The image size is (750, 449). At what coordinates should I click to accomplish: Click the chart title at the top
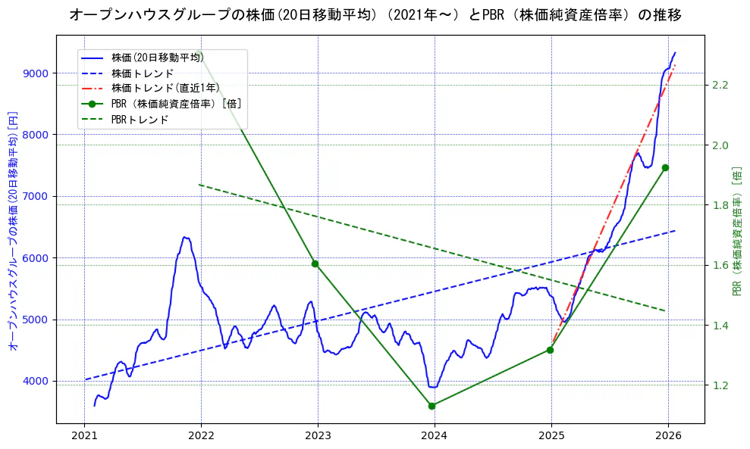coord(375,15)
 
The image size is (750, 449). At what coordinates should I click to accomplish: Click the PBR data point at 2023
coord(315,263)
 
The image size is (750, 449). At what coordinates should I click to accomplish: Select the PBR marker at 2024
coord(431,406)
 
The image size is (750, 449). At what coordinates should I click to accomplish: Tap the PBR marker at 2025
coord(550,350)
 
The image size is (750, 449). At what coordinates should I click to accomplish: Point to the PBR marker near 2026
coord(665,167)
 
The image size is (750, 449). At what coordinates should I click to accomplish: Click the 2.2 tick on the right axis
coord(720,85)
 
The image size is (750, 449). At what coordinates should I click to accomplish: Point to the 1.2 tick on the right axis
coord(720,385)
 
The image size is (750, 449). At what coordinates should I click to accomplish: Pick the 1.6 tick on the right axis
coord(720,265)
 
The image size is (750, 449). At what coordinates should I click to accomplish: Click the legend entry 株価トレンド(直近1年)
coord(165,88)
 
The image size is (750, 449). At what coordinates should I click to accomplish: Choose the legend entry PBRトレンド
coord(140,120)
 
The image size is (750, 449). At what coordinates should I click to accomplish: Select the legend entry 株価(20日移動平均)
coord(157,57)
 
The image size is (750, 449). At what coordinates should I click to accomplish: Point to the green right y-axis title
coord(736,231)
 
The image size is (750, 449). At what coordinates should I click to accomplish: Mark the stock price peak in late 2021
coord(184,237)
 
